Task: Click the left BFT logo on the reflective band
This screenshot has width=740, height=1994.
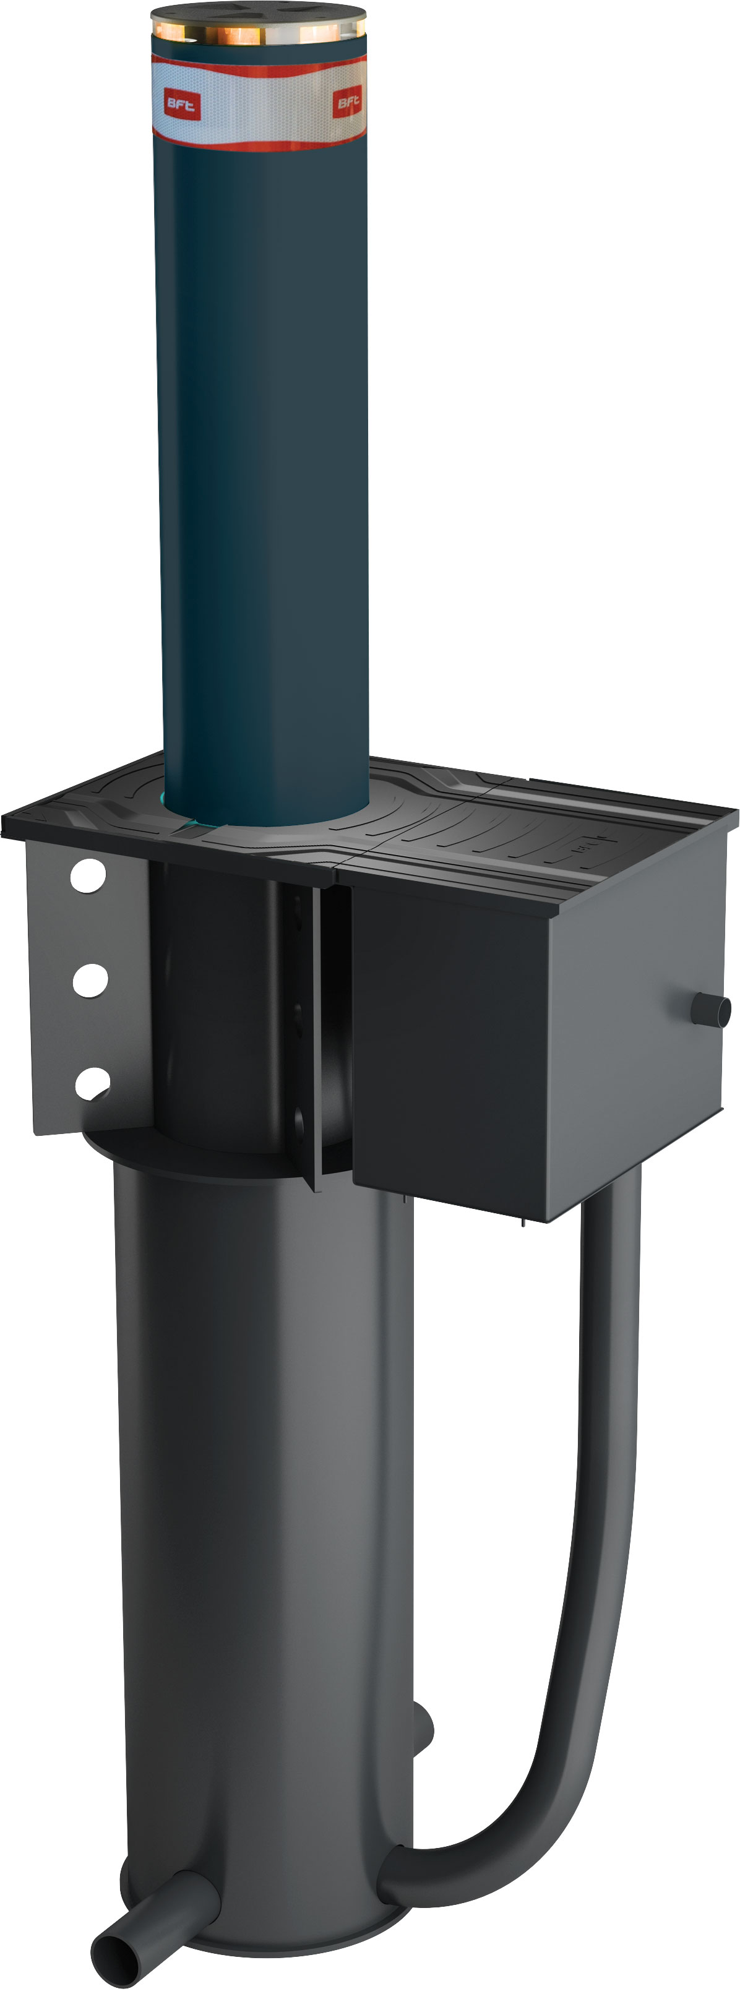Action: click(x=181, y=105)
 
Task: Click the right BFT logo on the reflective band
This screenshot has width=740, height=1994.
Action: click(x=348, y=101)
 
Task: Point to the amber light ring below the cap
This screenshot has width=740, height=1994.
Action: click(x=258, y=33)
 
